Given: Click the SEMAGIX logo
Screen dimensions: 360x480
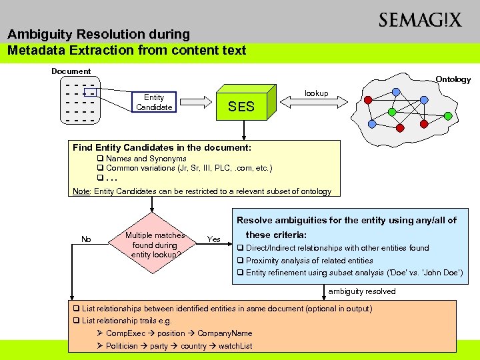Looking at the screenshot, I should [419, 20].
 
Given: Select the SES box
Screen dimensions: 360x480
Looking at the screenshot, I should [241, 106].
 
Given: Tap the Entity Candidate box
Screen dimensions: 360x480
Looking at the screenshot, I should [154, 102].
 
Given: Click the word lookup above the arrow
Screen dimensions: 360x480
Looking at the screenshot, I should [316, 93].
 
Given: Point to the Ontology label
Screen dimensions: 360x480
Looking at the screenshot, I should [453, 79].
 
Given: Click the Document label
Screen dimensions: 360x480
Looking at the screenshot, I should [71, 71].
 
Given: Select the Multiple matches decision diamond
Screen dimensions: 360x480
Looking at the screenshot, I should [155, 245].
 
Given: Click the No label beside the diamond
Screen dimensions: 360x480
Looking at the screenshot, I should [86, 239].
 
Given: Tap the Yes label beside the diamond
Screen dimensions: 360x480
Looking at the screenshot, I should [214, 239].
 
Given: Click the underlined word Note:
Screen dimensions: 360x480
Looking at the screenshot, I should [81, 191].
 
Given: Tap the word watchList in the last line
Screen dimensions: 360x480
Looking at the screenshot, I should [236, 346].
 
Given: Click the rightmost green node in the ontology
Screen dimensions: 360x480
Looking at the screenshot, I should [448, 116].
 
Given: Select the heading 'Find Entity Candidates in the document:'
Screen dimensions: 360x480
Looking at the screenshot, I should [162, 147].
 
